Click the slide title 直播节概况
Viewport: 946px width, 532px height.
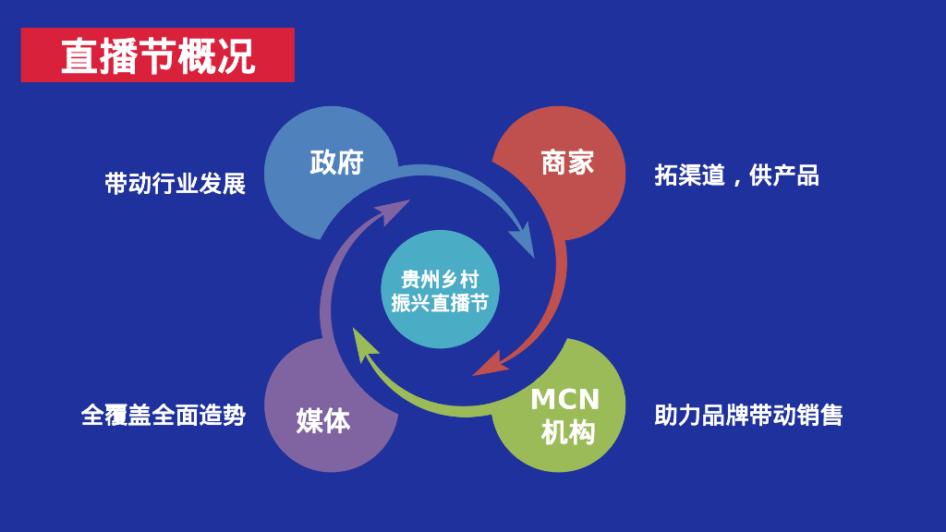tap(157, 56)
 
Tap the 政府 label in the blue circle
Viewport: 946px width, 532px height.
tap(336, 163)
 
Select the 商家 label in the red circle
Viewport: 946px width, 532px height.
tap(567, 163)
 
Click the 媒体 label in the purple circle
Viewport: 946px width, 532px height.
tap(323, 420)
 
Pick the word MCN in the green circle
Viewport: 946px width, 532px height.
tap(564, 400)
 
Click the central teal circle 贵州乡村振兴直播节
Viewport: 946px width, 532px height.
tap(440, 290)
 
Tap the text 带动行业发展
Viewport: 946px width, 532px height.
tap(175, 184)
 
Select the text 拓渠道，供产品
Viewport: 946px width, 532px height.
tap(736, 175)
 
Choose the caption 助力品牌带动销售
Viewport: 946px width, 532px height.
tap(748, 415)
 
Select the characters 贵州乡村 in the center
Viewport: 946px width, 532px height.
tap(440, 279)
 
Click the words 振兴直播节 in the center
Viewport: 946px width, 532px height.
tap(440, 302)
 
